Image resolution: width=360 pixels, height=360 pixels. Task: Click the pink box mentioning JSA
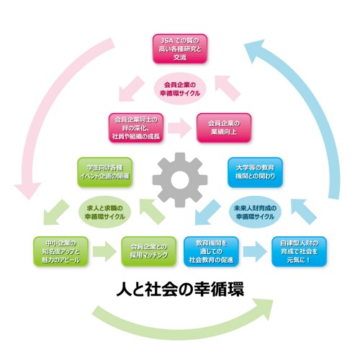180,49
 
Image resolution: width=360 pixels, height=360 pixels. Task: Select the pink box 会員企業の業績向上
224,127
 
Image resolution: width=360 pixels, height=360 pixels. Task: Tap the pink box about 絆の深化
136,127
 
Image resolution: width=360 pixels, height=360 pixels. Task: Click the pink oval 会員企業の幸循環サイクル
180,89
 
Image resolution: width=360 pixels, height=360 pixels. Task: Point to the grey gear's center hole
180,180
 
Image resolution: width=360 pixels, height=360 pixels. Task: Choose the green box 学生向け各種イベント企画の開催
105,172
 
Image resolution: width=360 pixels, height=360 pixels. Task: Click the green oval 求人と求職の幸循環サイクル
105,212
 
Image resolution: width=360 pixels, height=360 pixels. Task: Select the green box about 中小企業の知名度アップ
60,251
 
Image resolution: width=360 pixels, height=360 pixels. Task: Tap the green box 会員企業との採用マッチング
149,251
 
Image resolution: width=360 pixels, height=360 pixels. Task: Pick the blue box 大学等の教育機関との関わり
255,172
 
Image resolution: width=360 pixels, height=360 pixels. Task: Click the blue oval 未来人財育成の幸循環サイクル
255,212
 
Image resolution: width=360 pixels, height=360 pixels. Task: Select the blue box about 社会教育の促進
211,251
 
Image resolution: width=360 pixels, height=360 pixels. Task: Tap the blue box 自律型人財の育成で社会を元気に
299,251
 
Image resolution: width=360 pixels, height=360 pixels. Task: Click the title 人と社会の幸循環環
180,289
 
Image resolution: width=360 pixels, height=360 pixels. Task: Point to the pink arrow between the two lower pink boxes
180,127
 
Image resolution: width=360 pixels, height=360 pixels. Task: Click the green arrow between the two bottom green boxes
104,251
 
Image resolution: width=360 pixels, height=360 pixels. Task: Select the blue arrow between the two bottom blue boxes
255,251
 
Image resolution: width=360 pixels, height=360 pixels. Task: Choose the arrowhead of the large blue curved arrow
254,48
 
